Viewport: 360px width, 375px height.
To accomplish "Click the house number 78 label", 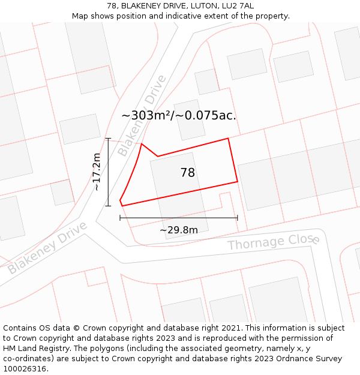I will pos(187,173).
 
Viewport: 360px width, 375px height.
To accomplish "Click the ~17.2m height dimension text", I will pos(96,172).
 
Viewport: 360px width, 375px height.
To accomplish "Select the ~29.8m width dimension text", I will pos(179,230).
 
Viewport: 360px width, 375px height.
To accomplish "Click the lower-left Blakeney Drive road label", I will pos(47,247).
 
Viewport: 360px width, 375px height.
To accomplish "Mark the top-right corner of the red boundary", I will pos(228,139).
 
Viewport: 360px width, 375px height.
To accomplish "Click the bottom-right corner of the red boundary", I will pos(238,181).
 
